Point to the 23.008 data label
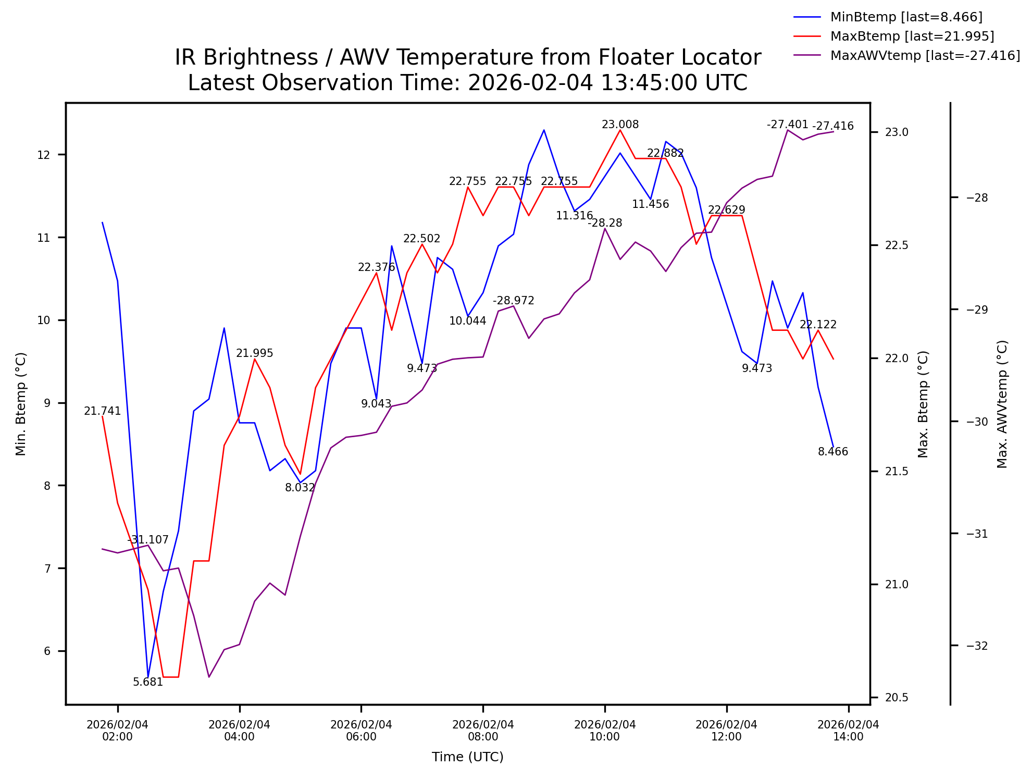tap(620, 125)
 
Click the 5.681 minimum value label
tap(148, 683)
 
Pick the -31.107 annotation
tap(148, 540)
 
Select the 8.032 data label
tap(300, 488)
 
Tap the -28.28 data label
tap(605, 224)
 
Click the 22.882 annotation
tap(665, 154)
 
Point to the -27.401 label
tap(787, 125)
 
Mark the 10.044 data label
tap(467, 322)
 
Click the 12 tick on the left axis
tap(44, 155)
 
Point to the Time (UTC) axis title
tap(467, 757)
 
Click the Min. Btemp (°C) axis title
tap(21, 404)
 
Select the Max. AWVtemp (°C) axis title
tap(1002, 404)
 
